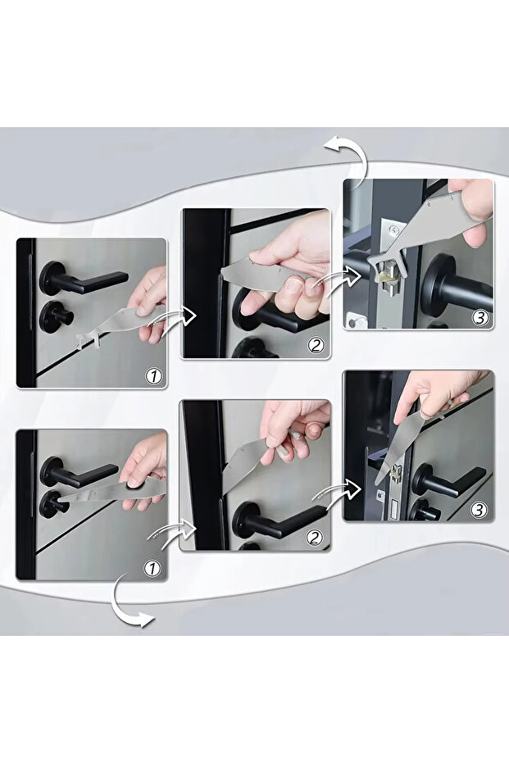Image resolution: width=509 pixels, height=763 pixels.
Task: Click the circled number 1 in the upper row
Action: pyautogui.click(x=153, y=377)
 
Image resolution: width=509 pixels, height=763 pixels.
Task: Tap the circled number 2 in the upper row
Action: pyautogui.click(x=316, y=346)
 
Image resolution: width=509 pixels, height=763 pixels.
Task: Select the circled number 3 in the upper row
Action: pyautogui.click(x=479, y=317)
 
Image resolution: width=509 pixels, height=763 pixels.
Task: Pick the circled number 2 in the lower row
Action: pyautogui.click(x=315, y=538)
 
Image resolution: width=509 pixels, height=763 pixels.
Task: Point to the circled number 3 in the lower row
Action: pyautogui.click(x=479, y=510)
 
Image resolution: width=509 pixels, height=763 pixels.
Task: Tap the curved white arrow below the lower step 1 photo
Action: pyautogui.click(x=128, y=602)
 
